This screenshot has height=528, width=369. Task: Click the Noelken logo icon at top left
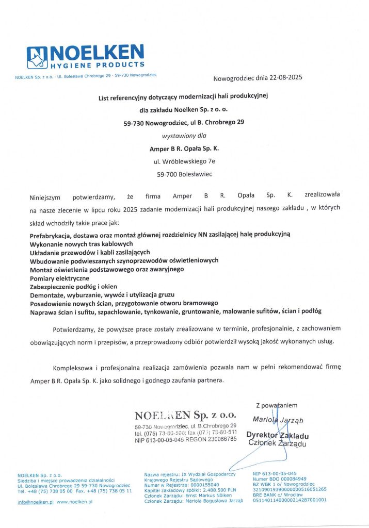[37, 58]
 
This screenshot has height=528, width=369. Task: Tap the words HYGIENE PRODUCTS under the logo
[97, 65]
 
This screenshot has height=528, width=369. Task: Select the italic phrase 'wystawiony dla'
[184, 136]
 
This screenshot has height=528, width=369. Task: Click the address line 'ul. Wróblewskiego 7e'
[184, 161]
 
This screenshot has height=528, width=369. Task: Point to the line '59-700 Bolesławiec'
[184, 174]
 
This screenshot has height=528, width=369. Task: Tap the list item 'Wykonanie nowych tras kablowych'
[81, 243]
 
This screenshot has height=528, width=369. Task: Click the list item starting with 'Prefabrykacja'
[161, 235]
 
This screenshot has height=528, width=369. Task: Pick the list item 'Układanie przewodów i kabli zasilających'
[90, 252]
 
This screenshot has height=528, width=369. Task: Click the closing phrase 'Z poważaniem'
[277, 405]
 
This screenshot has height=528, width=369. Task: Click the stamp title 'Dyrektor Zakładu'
[277, 435]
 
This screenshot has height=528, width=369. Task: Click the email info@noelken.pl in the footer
[36, 502]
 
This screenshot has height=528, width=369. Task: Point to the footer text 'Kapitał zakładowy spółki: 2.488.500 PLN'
[190, 489]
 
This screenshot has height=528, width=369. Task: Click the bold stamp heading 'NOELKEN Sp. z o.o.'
[185, 415]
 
